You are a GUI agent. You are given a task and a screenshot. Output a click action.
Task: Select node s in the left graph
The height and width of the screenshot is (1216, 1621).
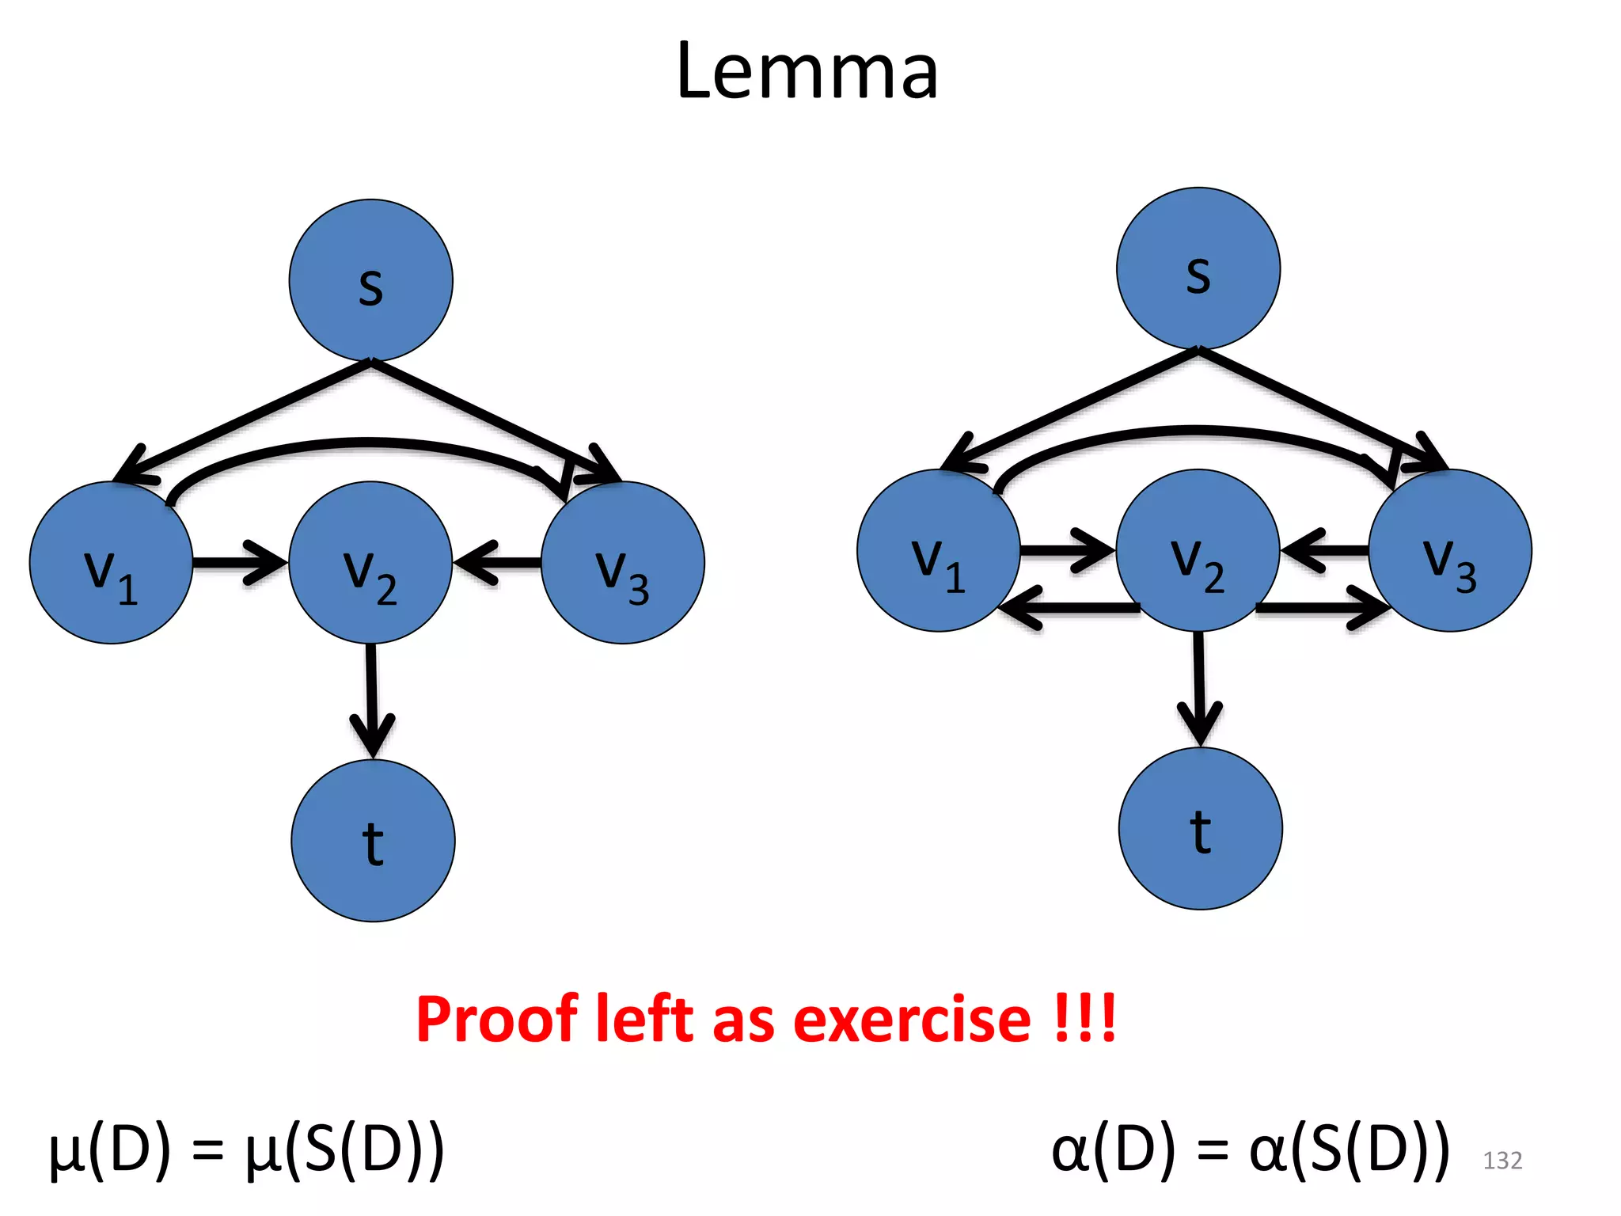pyautogui.click(x=370, y=280)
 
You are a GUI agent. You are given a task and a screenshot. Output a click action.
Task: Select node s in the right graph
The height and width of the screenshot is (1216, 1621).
pyautogui.click(x=1198, y=268)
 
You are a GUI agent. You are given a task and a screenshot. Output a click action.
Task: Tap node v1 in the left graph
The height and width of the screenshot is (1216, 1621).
pyautogui.click(x=111, y=563)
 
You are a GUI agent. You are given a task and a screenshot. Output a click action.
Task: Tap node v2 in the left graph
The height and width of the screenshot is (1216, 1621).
pyautogui.click(x=370, y=563)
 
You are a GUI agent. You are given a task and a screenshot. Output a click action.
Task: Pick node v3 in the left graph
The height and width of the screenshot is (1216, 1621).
pyautogui.click(x=623, y=563)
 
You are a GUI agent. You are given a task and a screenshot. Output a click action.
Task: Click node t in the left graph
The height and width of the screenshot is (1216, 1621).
pyautogui.click(x=373, y=841)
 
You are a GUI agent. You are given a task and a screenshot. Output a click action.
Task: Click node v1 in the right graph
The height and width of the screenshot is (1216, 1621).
pyautogui.click(x=938, y=550)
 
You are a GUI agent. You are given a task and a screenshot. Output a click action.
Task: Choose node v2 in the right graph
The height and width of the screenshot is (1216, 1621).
pyautogui.click(x=1198, y=550)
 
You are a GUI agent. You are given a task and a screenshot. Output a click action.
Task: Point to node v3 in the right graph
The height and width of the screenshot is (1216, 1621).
pyautogui.click(x=1450, y=550)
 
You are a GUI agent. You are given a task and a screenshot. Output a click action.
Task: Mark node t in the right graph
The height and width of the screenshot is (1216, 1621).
pyautogui.click(x=1200, y=828)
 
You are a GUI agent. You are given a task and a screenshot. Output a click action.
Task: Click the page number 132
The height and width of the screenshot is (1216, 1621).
pyautogui.click(x=1501, y=1161)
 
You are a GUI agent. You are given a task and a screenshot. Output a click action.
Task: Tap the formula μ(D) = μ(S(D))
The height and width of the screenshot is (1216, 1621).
pyautogui.click(x=246, y=1150)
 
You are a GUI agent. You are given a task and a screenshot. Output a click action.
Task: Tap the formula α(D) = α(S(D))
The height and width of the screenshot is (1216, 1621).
pyautogui.click(x=1251, y=1150)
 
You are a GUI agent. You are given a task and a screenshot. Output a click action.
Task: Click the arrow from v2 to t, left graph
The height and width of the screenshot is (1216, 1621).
pyautogui.click(x=371, y=697)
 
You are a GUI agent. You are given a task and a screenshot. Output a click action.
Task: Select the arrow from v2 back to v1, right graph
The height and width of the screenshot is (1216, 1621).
pyautogui.click(x=1069, y=609)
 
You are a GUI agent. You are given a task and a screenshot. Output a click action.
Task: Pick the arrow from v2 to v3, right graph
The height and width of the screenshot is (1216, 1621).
pyautogui.click(x=1322, y=609)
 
